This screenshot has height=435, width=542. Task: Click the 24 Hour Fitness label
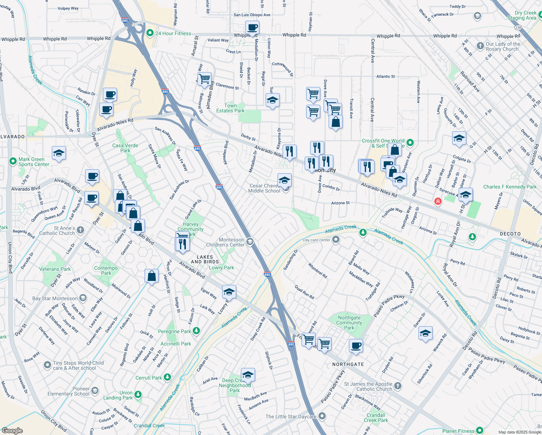point(173,33)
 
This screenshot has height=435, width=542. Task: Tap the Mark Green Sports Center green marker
point(13,160)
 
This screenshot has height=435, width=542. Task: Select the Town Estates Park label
point(230,108)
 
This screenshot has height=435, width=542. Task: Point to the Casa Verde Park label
point(125,148)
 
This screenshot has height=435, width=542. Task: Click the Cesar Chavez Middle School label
point(264,188)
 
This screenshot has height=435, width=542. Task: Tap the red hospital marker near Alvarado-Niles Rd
point(438,201)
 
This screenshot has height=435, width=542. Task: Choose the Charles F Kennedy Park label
point(510,187)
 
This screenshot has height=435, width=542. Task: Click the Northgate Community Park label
point(349,323)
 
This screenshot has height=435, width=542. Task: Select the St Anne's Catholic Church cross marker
point(80,230)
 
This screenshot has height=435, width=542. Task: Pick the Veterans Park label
point(55,269)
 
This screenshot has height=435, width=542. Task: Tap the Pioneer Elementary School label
point(68,391)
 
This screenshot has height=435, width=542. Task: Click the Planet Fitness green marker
point(480,431)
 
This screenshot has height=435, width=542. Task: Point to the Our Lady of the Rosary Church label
point(503,46)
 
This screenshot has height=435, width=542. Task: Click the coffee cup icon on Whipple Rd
point(252,27)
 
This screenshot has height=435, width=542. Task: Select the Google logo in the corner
point(12,431)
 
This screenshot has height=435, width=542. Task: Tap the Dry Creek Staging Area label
point(522,15)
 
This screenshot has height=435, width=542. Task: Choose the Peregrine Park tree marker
point(196,331)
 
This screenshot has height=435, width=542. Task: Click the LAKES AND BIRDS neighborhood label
point(205,259)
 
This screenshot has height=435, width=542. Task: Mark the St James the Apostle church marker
point(397,386)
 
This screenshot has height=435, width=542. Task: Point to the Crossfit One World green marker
point(410,142)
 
